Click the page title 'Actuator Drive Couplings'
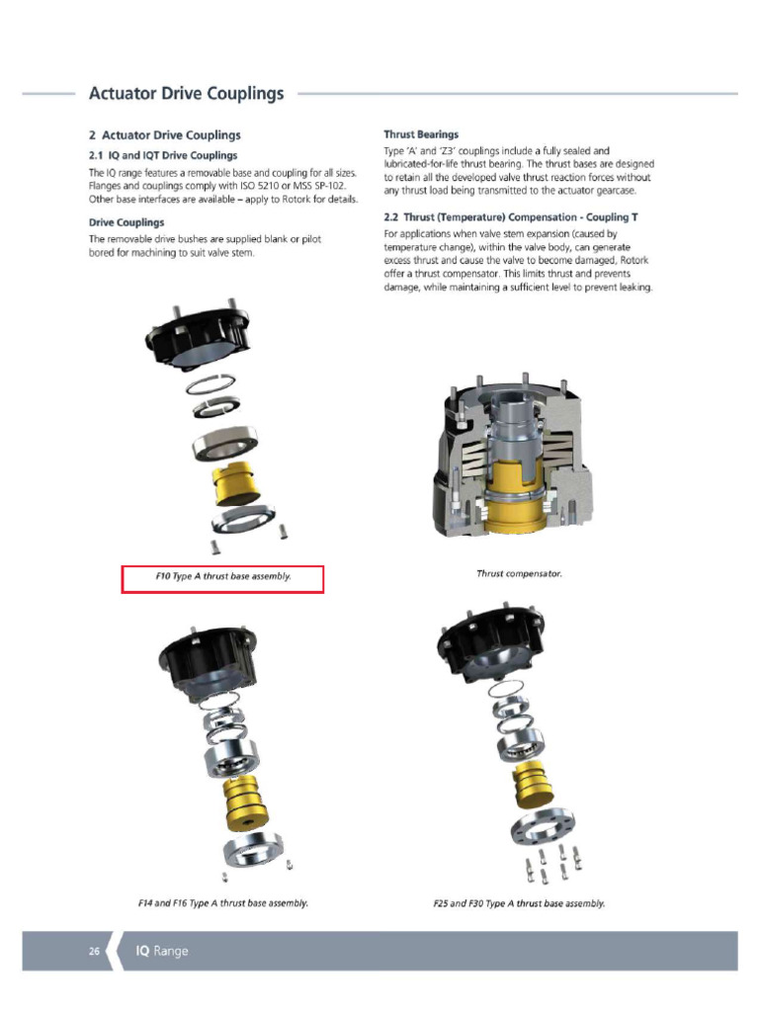(186, 94)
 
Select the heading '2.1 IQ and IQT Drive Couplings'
(163, 155)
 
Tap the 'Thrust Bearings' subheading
(420, 134)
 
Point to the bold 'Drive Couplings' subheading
(126, 222)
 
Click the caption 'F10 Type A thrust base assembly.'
(222, 576)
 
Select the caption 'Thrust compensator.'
(519, 573)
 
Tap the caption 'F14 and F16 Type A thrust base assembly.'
(222, 903)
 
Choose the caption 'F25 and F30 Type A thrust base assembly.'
(519, 903)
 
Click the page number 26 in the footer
(94, 951)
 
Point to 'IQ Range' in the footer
(161, 951)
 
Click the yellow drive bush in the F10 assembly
(234, 482)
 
